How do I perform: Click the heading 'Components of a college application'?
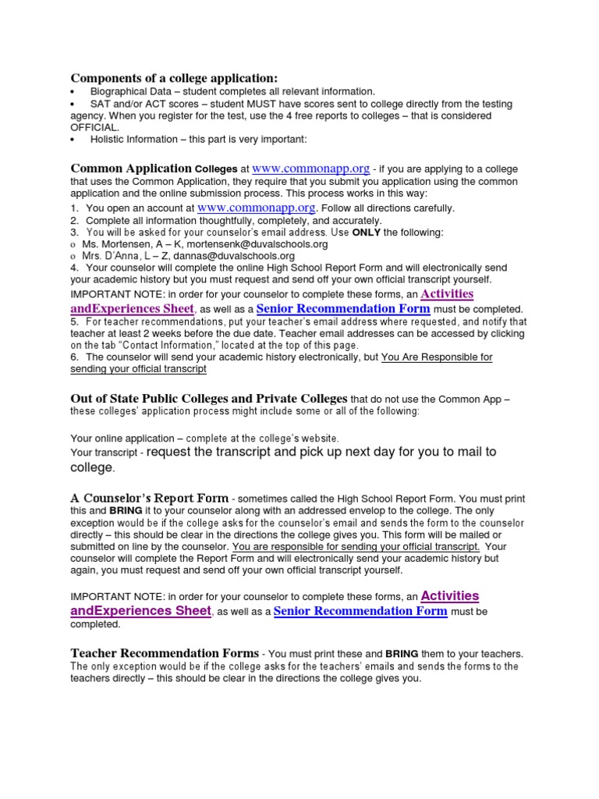coord(174,78)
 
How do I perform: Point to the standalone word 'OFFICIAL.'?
coord(95,127)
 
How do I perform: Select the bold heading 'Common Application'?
coord(131,169)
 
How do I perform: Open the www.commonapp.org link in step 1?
coord(257,208)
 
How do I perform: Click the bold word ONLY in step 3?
coord(367,233)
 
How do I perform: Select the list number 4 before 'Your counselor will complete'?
coord(74,267)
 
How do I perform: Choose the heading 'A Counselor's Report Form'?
coord(150,498)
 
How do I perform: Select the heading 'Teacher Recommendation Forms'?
coord(165,653)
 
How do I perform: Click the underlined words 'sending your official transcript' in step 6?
coord(138,368)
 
